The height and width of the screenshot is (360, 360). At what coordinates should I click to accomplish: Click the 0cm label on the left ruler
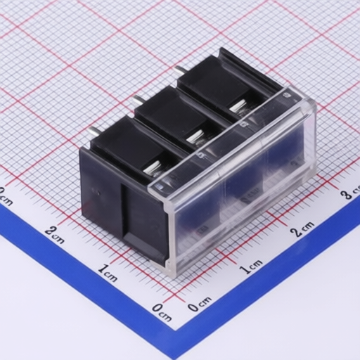162,312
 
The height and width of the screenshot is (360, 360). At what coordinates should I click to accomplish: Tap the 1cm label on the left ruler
108,272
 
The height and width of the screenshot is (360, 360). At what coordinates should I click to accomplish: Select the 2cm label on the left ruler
54,234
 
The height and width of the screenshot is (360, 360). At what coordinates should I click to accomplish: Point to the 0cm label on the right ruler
200,304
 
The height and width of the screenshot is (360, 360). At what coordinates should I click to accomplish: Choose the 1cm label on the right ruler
252,266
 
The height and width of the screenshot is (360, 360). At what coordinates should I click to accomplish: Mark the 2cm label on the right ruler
302,229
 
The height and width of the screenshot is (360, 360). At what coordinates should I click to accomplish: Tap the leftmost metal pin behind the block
94,131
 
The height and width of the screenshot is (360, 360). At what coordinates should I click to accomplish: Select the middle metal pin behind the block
138,101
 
